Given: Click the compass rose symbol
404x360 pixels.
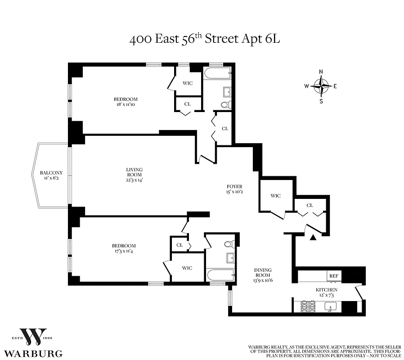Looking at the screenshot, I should [321, 85].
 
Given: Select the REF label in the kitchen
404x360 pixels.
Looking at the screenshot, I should [333, 276].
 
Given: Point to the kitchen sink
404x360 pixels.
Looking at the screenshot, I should [331, 307].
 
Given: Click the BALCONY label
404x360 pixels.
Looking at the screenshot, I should [51, 173].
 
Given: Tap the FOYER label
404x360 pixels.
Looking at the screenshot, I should [234, 186].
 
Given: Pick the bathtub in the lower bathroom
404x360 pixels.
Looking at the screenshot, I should [220, 274].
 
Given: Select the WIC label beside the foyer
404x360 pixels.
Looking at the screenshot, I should [275, 196].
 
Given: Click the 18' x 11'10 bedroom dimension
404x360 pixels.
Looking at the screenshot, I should [126, 105].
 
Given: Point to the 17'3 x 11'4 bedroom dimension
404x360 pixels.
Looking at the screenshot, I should [124, 252].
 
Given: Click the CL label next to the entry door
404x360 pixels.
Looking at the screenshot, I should [310, 205].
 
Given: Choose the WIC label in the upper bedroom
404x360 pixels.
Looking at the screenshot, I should [187, 83].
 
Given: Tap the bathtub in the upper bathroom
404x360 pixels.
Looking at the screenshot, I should [217, 72].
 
